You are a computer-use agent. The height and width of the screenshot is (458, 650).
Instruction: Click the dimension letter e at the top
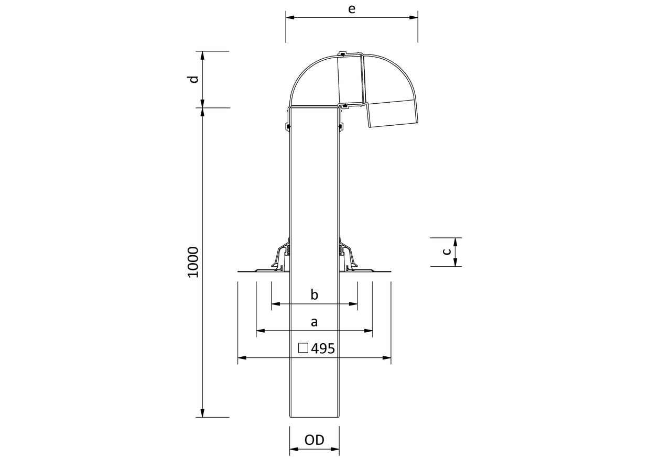pos(351,9)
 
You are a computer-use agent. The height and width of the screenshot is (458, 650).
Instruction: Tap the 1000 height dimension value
pos(193,262)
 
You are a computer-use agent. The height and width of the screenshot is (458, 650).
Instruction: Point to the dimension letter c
pos(447,252)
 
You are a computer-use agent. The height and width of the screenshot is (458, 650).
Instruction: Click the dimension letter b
pos(315,295)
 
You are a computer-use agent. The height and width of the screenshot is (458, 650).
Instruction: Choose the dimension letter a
pos(315,322)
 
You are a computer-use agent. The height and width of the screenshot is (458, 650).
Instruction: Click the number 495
pos(323,348)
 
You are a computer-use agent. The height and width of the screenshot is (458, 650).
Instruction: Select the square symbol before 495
pos(303,348)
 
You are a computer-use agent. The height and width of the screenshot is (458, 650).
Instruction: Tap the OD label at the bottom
pos(315,440)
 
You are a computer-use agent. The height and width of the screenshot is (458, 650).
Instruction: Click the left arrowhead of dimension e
pos(290,17)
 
